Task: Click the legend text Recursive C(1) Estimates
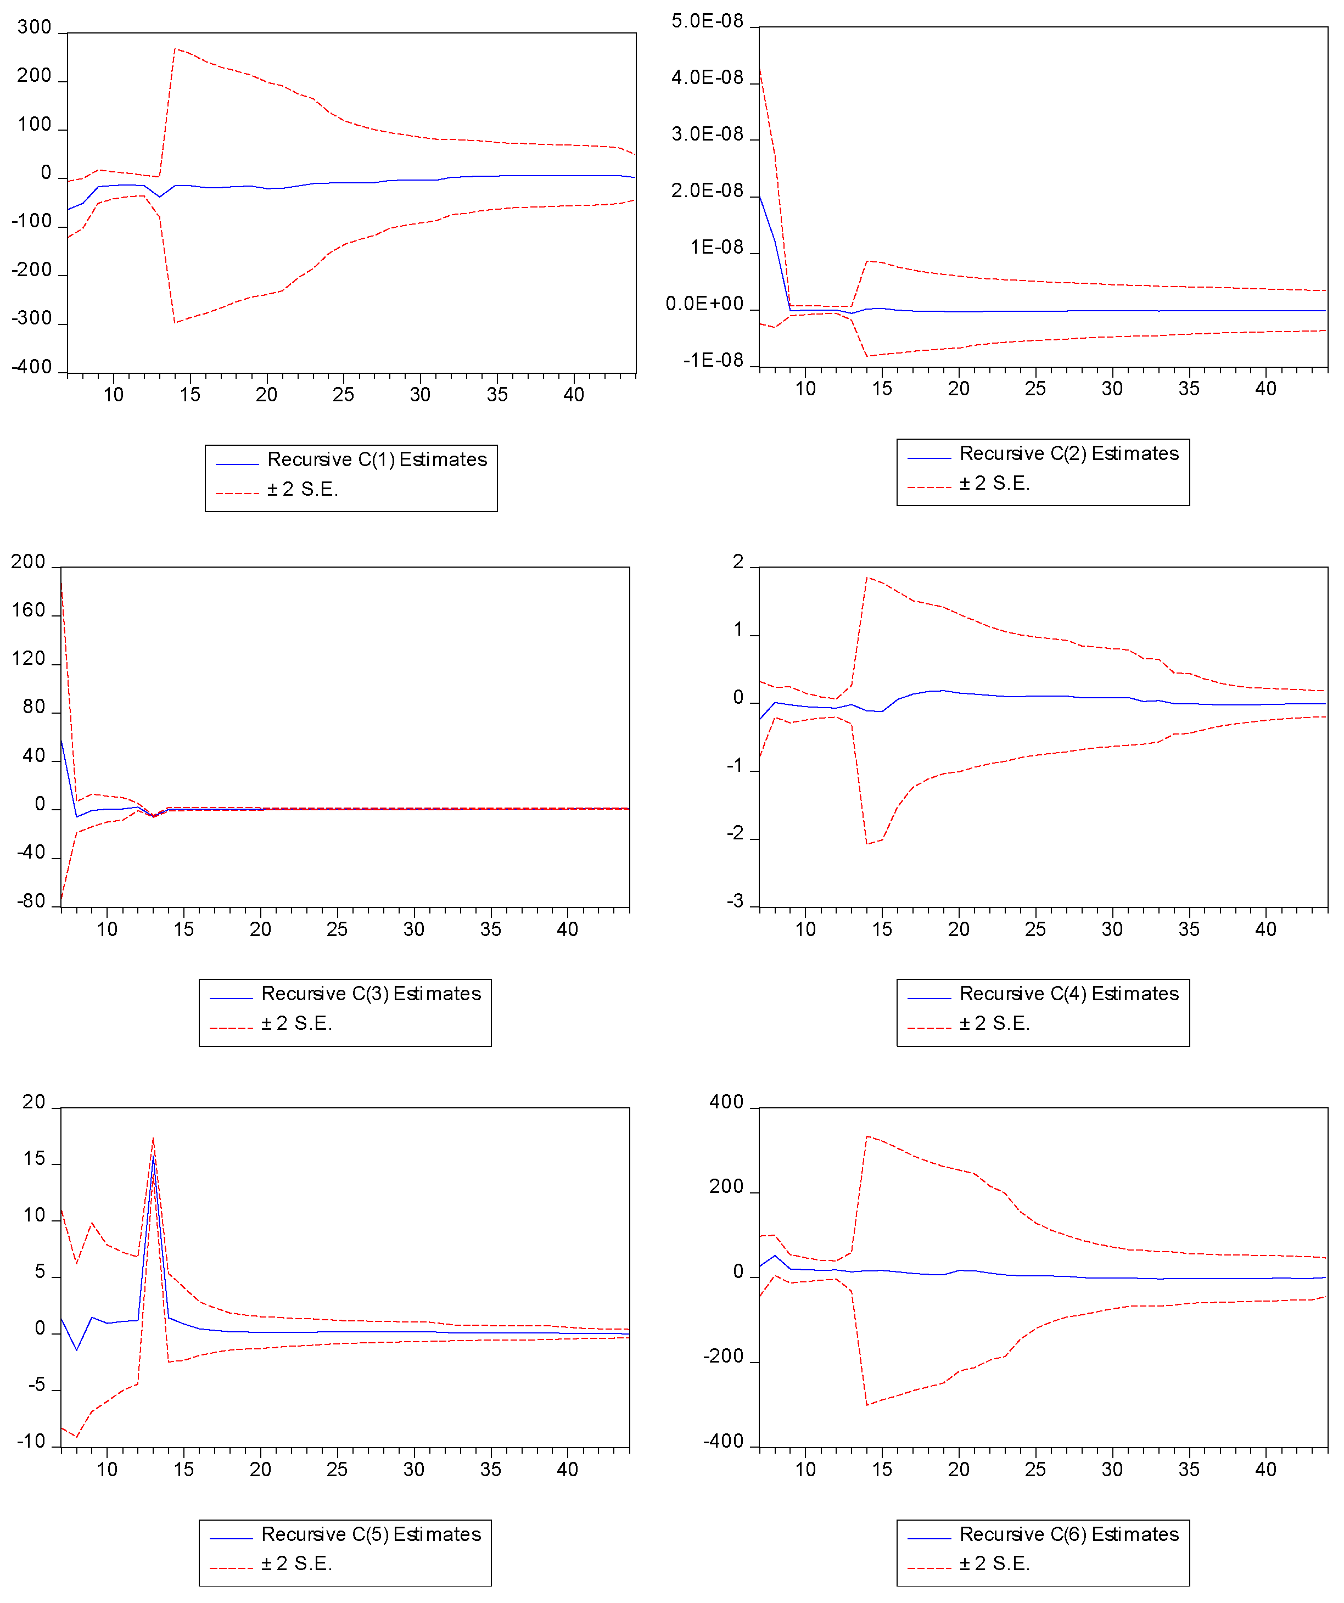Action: coord(377,459)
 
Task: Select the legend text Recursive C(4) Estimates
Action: coord(1068,994)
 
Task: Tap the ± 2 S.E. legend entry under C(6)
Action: coord(994,1564)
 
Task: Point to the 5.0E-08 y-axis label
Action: coord(707,21)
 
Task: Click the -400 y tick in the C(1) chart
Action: coord(32,367)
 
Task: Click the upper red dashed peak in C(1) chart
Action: coord(175,49)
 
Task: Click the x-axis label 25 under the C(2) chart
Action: coord(1035,389)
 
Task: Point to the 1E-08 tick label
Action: coord(716,248)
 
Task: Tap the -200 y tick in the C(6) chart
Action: coord(722,1357)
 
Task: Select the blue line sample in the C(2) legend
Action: coord(929,458)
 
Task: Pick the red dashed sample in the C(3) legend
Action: coord(231,1028)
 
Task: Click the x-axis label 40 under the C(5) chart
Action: coord(567,1470)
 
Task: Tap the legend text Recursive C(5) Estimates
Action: coord(371,1534)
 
